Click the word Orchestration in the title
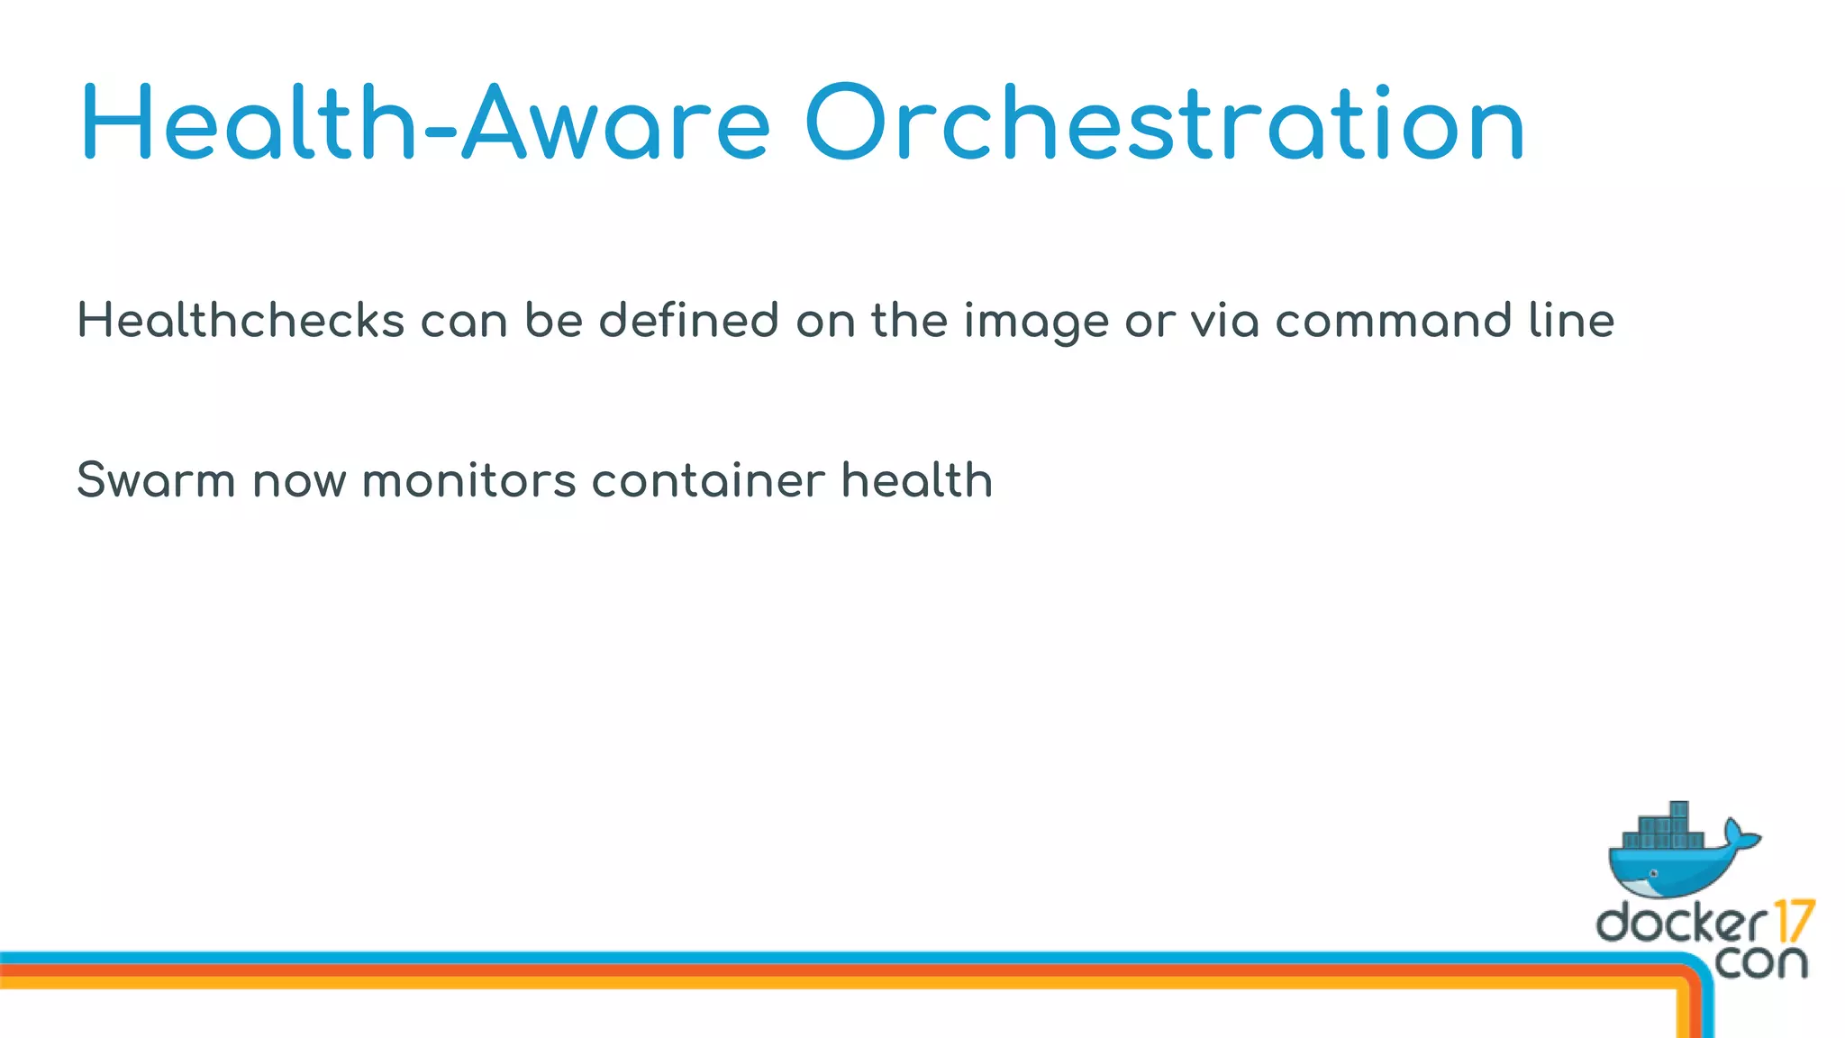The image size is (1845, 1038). point(1164,123)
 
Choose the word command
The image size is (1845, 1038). point(1393,321)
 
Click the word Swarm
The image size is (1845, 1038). point(156,480)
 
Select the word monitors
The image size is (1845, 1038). point(468,480)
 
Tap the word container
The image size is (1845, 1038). point(708,480)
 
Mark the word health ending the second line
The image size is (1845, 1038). point(917,480)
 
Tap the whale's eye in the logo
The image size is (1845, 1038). point(1654,874)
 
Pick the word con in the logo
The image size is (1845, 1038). point(1761,962)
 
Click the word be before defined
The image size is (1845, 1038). point(554,321)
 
